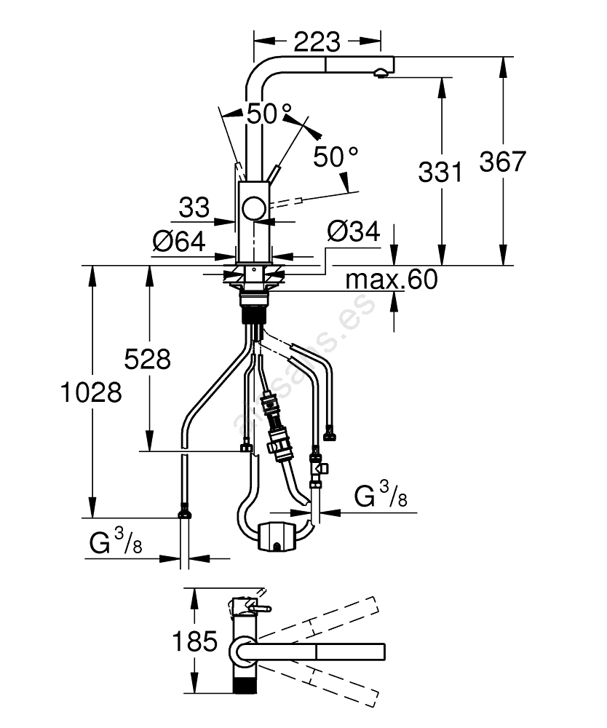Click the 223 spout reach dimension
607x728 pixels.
pyautogui.click(x=317, y=41)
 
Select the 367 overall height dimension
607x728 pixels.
pyautogui.click(x=502, y=161)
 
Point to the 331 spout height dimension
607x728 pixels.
pyautogui.click(x=440, y=173)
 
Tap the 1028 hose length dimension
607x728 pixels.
pyautogui.click(x=91, y=392)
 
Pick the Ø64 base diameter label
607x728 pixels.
pyautogui.click(x=178, y=241)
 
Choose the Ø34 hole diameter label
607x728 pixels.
pyautogui.click(x=354, y=232)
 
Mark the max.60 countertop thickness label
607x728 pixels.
pyautogui.click(x=392, y=279)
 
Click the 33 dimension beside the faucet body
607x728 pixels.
pyautogui.click(x=194, y=208)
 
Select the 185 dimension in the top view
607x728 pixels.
pyautogui.click(x=195, y=641)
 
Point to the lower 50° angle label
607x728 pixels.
pyautogui.click(x=336, y=157)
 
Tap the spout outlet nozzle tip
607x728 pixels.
pyautogui.click(x=380, y=72)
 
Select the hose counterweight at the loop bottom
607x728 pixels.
pyautogui.click(x=276, y=537)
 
